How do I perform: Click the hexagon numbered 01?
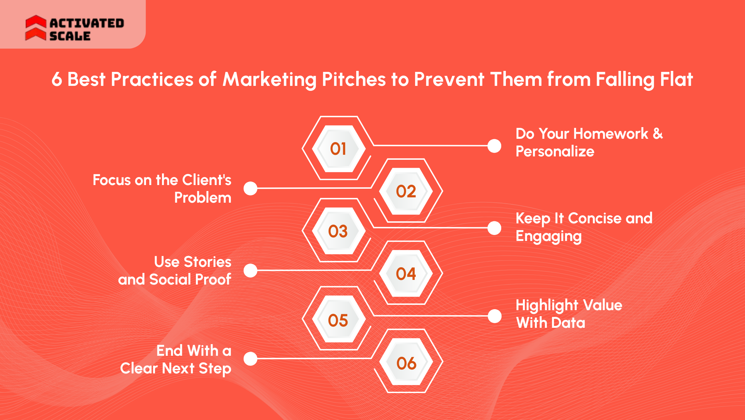pyautogui.click(x=339, y=148)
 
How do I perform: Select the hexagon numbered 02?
pyautogui.click(x=406, y=191)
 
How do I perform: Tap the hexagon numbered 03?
pyautogui.click(x=339, y=231)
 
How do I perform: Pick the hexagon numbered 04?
pyautogui.click(x=406, y=274)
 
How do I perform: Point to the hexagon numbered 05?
pyautogui.click(x=339, y=320)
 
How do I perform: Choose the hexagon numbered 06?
pyautogui.click(x=406, y=362)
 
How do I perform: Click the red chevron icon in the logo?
pyautogui.click(x=36, y=28)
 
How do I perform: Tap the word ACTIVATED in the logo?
pyautogui.click(x=87, y=23)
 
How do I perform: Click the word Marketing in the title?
pyautogui.click(x=269, y=80)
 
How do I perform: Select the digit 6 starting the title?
pyautogui.click(x=57, y=80)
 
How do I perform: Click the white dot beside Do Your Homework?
pyautogui.click(x=494, y=146)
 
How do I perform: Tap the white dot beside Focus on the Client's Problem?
pyautogui.click(x=250, y=188)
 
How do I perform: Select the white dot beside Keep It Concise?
pyautogui.click(x=494, y=228)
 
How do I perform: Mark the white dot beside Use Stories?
pyautogui.click(x=250, y=271)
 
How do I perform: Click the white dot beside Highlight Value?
pyautogui.click(x=494, y=316)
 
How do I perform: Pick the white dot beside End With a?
pyautogui.click(x=250, y=359)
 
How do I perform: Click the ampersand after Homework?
pyautogui.click(x=658, y=134)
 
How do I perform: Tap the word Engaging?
pyautogui.click(x=548, y=237)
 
